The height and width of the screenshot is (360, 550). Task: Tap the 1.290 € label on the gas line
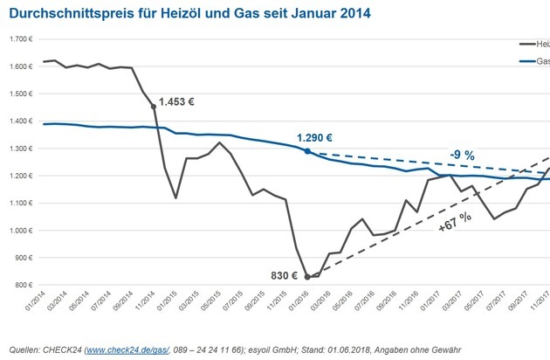pos(315,138)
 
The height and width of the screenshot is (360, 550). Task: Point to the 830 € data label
pos(283,276)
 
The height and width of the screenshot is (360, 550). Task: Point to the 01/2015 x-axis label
pos(168,303)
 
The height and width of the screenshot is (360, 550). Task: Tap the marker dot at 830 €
pos(307,276)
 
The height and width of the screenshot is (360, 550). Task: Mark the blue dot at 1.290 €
pos(306,150)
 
